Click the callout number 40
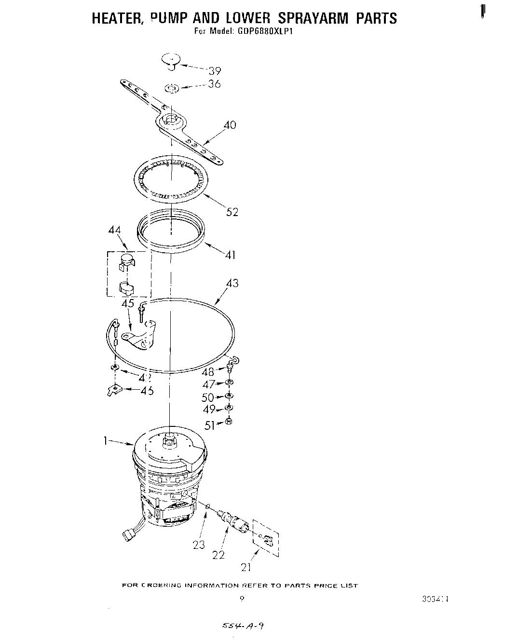click(230, 125)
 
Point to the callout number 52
click(232, 212)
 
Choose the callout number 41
click(230, 255)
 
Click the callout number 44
click(115, 232)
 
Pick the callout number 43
click(232, 283)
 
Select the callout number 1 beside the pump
click(105, 441)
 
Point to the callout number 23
click(199, 545)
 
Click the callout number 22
click(218, 555)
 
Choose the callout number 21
click(246, 567)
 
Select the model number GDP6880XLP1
click(266, 32)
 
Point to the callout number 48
click(208, 372)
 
